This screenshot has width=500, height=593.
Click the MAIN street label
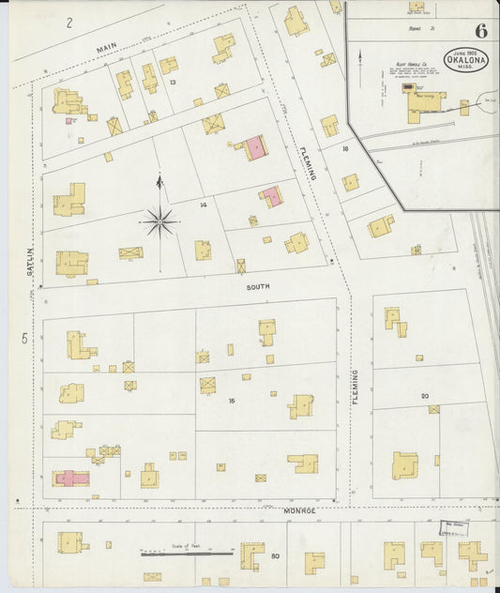pos(108,46)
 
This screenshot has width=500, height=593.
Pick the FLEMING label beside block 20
pos(356,387)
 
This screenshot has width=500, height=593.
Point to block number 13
pos(173,83)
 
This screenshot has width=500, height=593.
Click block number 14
pos(203,204)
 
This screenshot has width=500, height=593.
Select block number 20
pos(424,397)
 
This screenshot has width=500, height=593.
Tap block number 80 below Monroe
pos(275,556)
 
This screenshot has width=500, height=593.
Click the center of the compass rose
pos(159,222)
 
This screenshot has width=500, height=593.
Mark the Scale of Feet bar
pos(187,554)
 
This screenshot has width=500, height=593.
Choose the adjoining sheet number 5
pos(25,337)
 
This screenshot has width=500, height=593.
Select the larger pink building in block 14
pos(253,148)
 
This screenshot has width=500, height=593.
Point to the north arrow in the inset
pos(360,58)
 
